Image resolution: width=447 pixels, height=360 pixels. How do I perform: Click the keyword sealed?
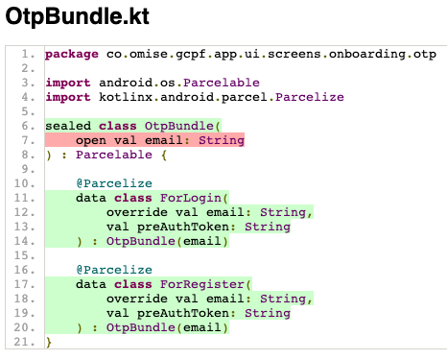(x=67, y=126)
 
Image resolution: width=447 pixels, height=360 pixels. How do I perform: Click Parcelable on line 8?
(x=114, y=155)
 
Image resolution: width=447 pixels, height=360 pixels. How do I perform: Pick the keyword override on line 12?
(x=137, y=212)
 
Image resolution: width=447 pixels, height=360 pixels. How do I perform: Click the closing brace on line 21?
(x=48, y=342)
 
